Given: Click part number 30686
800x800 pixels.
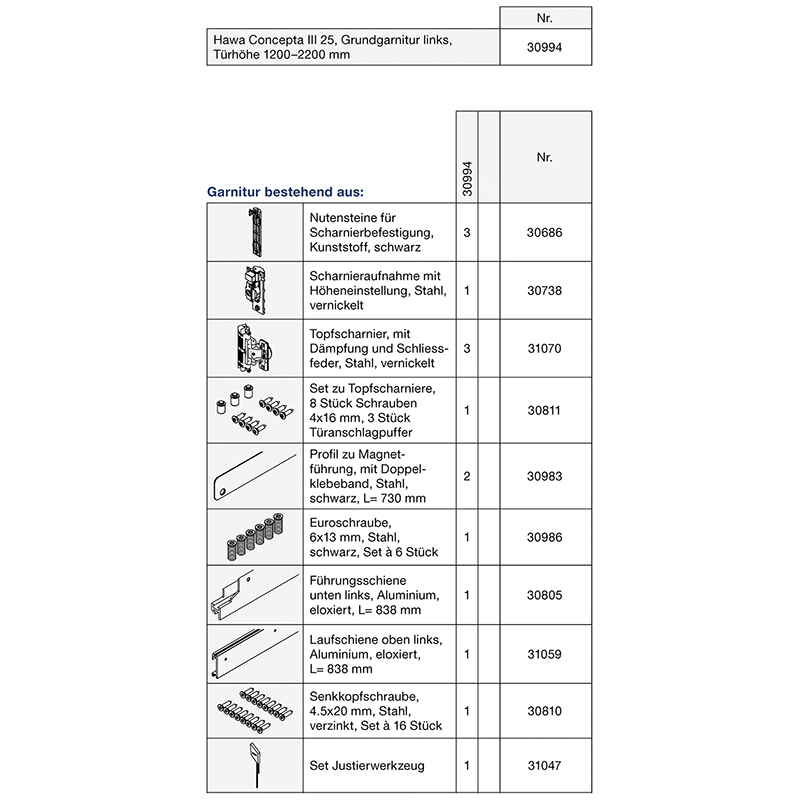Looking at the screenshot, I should point(544,231).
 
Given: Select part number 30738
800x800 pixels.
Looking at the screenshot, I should point(544,289).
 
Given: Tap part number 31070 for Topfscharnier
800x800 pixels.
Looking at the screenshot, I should point(544,347).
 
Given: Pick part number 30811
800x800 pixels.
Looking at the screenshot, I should point(544,410).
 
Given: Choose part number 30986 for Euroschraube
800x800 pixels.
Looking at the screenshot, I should point(544,537).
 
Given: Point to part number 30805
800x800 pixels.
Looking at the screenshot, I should point(544,594).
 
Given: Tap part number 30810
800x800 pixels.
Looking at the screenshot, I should point(544,711).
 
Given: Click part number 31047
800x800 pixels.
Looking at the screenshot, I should point(544,766).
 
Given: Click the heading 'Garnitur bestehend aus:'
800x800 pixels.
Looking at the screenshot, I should point(285,190).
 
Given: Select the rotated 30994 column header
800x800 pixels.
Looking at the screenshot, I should point(467,176).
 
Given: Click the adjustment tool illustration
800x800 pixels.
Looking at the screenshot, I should point(255,766).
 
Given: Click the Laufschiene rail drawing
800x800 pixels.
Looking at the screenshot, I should point(254,652).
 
